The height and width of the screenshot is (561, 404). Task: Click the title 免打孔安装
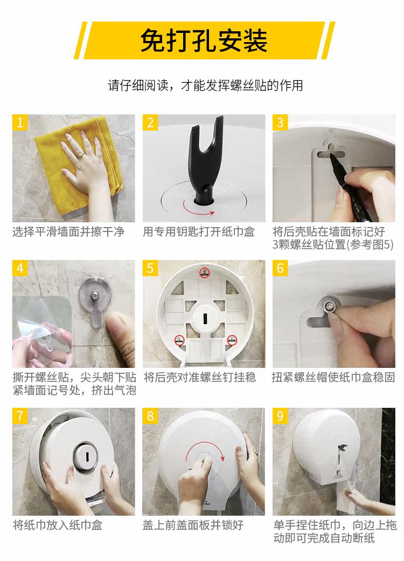pyautogui.click(x=204, y=40)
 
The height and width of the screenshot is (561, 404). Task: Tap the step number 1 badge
pyautogui.click(x=19, y=122)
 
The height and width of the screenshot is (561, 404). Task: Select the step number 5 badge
pyautogui.click(x=150, y=268)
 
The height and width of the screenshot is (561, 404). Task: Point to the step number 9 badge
pyautogui.click(x=280, y=416)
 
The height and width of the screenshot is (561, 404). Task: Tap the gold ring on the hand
pyautogui.click(x=81, y=155)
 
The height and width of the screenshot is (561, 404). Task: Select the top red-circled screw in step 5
pyautogui.click(x=204, y=272)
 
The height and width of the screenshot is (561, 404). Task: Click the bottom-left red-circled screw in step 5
pyautogui.click(x=179, y=340)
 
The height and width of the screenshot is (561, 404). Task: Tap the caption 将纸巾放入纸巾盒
pyautogui.click(x=58, y=525)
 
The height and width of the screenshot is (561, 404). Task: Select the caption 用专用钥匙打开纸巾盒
pyautogui.click(x=199, y=231)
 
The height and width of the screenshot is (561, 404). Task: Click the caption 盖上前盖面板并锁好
pyautogui.click(x=193, y=525)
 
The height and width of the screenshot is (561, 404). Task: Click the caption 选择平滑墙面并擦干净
pyautogui.click(x=68, y=231)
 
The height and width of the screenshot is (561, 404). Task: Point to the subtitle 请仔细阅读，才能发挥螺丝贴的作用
pyautogui.click(x=205, y=86)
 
